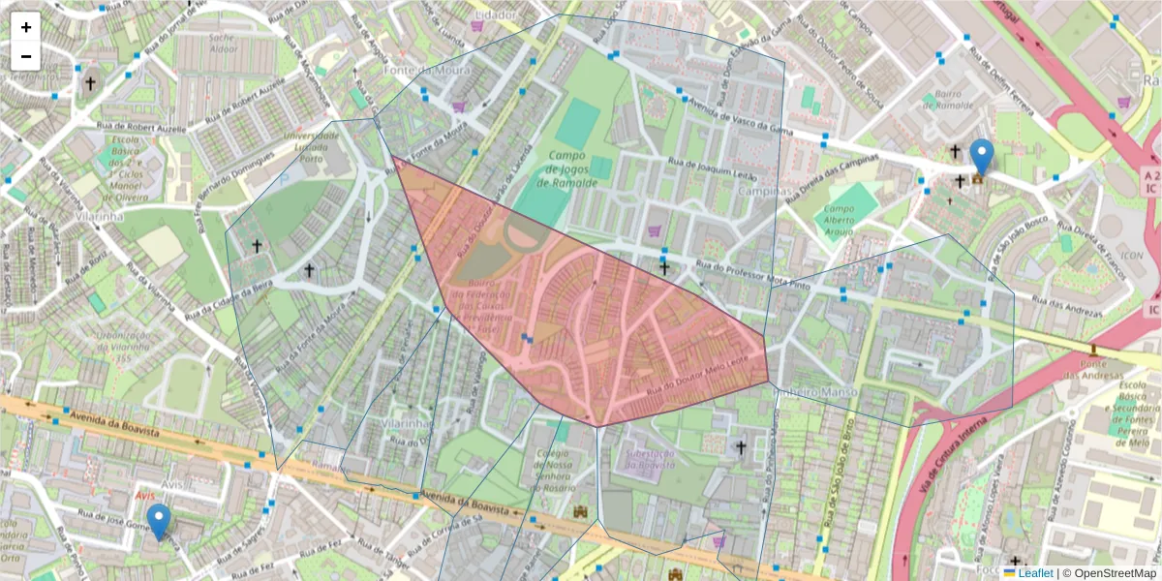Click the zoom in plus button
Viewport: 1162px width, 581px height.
click(x=26, y=27)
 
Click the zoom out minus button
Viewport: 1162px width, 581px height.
click(x=26, y=56)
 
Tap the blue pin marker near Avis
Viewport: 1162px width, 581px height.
click(x=158, y=521)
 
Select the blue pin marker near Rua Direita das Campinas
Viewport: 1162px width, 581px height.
click(x=981, y=157)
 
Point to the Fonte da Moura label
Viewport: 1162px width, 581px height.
click(x=413, y=70)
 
